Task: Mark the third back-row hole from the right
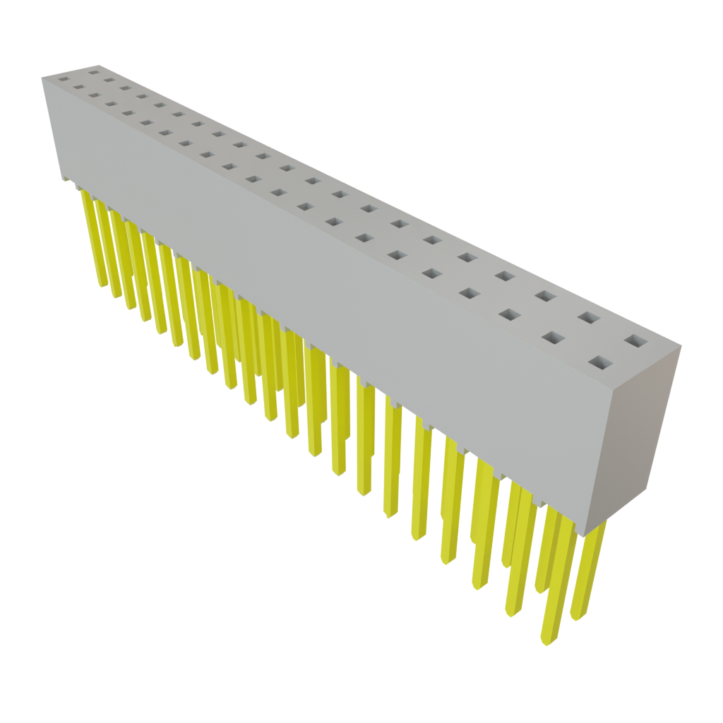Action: coord(544,295)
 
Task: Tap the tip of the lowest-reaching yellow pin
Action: coord(544,643)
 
